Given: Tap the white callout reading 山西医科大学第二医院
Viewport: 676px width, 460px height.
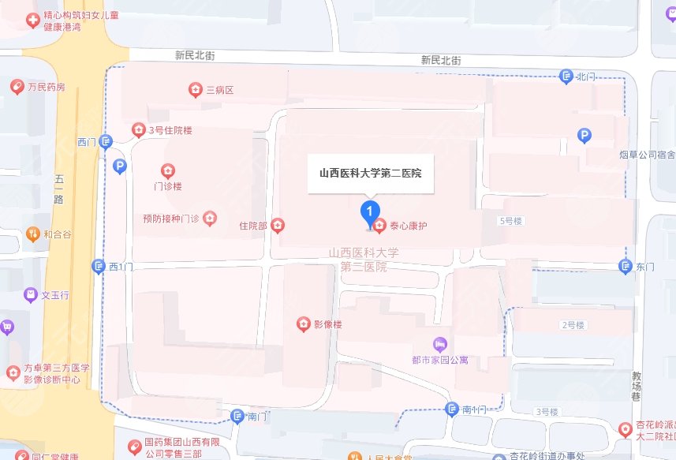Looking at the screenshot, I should [370, 173].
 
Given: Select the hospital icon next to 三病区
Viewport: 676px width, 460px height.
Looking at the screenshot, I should [195, 91].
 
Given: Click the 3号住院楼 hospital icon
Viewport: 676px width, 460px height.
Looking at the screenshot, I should [138, 130].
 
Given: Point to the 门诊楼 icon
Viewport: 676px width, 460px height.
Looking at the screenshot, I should [167, 170].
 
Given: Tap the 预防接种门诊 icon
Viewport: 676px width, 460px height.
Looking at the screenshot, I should [210, 217].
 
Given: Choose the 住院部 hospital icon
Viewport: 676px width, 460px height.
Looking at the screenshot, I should [278, 226].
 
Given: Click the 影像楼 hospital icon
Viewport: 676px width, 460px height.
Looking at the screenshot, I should [303, 323].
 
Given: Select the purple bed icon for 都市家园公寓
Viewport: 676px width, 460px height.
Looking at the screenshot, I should [440, 345].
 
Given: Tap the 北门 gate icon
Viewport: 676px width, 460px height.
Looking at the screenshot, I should [566, 77].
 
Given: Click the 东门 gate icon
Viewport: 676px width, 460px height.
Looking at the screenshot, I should [626, 267].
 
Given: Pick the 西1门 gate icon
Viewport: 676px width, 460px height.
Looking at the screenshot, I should [99, 267].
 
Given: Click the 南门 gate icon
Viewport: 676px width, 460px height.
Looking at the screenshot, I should [237, 416].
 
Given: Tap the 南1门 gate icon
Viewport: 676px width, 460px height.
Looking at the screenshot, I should [451, 410].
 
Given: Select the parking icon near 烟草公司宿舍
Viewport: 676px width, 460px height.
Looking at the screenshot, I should [584, 136].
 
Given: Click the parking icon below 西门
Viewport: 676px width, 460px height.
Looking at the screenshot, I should [119, 166].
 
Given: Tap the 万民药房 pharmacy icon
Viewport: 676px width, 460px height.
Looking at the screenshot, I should [16, 86].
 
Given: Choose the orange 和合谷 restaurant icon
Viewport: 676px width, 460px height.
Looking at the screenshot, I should [32, 234].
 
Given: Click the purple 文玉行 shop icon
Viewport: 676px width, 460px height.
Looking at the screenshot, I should [31, 295].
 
